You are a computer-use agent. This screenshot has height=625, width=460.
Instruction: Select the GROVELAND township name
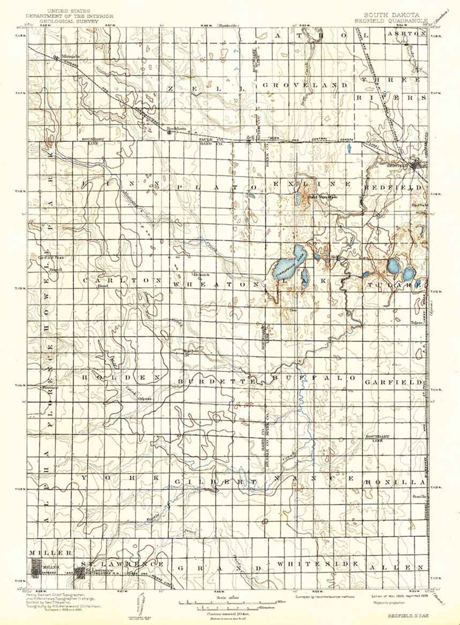coord(305,85)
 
